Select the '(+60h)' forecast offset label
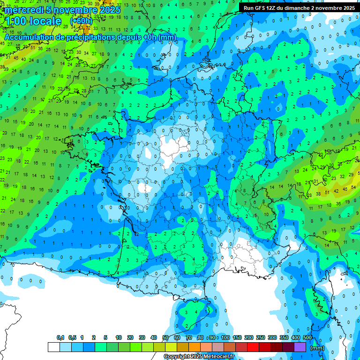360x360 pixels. pyautogui.click(x=81, y=21)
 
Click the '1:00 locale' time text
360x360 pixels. pyautogui.click(x=33, y=21)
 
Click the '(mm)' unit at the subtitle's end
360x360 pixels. pyautogui.click(x=167, y=37)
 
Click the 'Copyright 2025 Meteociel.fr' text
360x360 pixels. pyautogui.click(x=199, y=357)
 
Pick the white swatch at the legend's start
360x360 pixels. pyautogui.click(x=53, y=347)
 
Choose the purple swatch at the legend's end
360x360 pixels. pyautogui.click(x=300, y=347)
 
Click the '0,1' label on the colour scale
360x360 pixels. pyautogui.click(x=60, y=337)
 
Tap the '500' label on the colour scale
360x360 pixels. pyautogui.click(x=307, y=337)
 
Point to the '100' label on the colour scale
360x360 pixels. pyautogui.click(x=225, y=337)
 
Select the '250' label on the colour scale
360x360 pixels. pyautogui.click(x=260, y=337)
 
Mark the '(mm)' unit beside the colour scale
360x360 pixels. pyautogui.click(x=317, y=348)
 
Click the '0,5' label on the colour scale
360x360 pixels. pyautogui.click(x=72, y=337)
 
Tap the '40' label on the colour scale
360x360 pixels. pyautogui.click(x=153, y=337)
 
